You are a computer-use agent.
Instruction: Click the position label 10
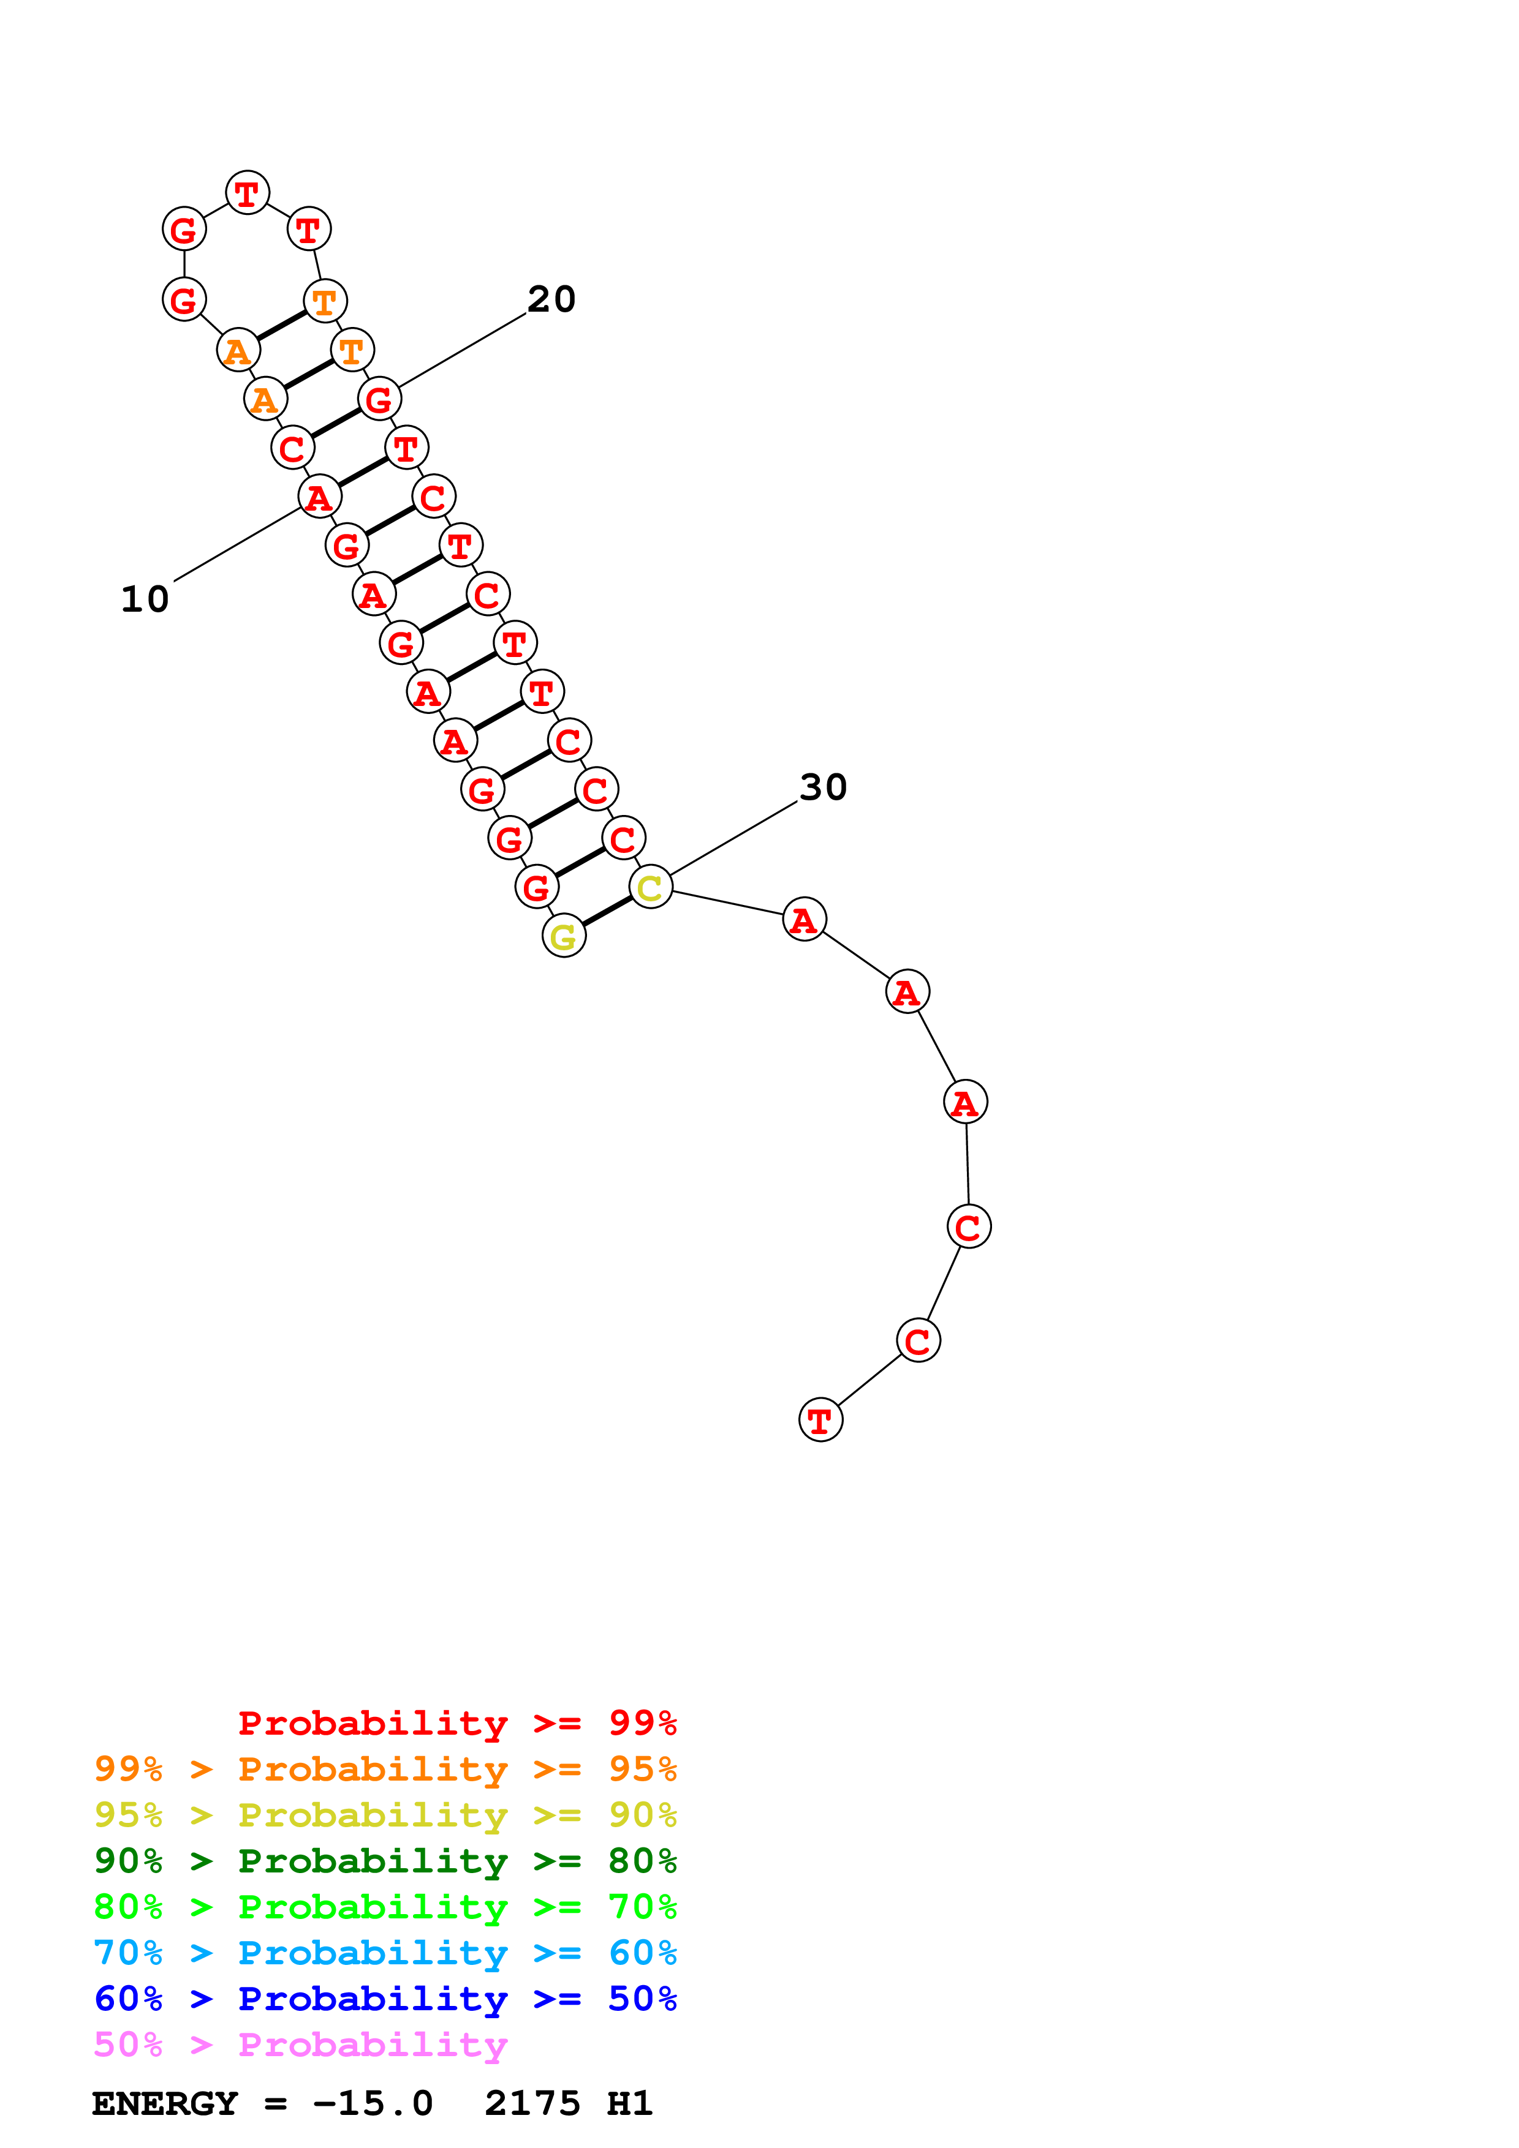[145, 599]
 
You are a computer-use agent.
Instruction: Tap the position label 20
[551, 299]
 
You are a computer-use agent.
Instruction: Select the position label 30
[823, 787]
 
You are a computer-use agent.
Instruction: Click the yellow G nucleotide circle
[564, 936]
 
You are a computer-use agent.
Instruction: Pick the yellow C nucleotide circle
[651, 887]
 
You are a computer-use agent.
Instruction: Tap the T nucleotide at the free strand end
[820, 1420]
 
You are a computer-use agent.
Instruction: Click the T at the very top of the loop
[247, 193]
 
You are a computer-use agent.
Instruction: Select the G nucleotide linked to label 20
[379, 399]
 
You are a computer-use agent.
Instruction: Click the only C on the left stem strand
[292, 448]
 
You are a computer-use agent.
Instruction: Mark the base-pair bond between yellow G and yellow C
[607, 911]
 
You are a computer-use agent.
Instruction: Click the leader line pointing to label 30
[733, 838]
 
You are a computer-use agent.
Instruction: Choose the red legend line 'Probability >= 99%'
[456, 1722]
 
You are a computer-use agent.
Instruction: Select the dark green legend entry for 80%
[385, 1861]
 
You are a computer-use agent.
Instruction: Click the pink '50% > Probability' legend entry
[300, 2045]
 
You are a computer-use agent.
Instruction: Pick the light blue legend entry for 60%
[385, 1953]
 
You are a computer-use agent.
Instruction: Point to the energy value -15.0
[373, 2104]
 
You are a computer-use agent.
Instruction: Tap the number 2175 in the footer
[532, 2104]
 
